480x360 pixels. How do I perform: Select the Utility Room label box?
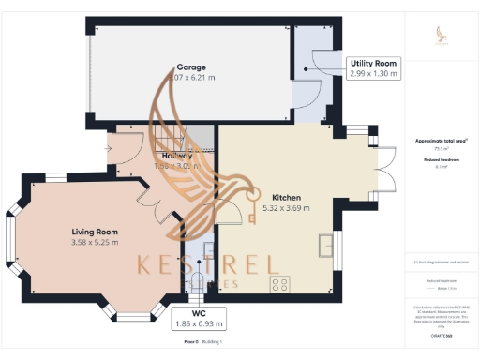(x=373, y=68)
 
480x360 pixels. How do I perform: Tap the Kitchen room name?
(x=287, y=198)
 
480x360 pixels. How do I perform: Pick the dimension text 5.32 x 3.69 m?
(x=287, y=208)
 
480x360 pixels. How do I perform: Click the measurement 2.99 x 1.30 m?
(x=373, y=74)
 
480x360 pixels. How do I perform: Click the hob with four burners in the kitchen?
(x=279, y=283)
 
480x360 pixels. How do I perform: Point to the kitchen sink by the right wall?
(x=325, y=246)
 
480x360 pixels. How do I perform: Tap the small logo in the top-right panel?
(x=442, y=36)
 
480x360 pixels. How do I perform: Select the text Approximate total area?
(x=440, y=141)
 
